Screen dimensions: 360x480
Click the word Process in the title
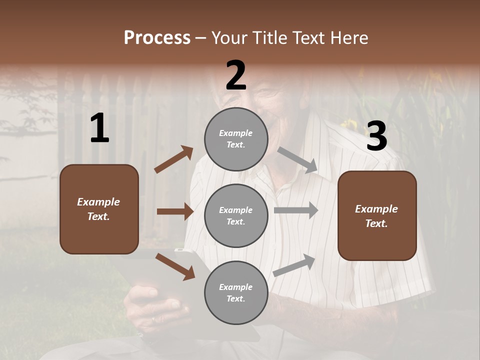157,38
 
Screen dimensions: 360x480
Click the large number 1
99,128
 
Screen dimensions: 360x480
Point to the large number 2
236,75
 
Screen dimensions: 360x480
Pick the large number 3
376,136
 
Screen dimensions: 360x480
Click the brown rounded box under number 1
99,209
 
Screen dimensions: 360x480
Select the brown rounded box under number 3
377,216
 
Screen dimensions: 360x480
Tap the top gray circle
236,139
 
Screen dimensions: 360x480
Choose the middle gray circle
236,216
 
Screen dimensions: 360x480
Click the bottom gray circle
236,293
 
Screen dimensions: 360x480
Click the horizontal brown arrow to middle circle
175,211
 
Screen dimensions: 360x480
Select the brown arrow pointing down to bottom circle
175,265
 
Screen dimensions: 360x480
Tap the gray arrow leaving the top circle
297,160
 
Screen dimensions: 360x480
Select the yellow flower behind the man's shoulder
346,124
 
